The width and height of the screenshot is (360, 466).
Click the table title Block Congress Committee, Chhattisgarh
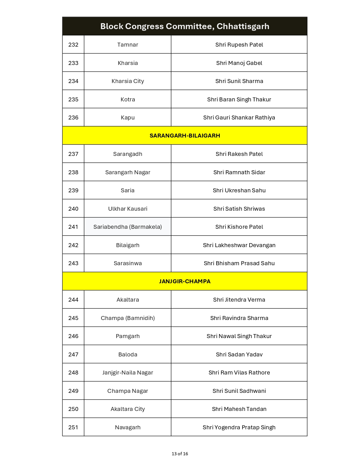click(x=185, y=26)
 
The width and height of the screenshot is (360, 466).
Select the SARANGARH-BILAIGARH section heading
click(x=185, y=136)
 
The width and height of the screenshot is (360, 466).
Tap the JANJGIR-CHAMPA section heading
click(x=185, y=281)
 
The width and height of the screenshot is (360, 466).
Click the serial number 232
click(x=73, y=45)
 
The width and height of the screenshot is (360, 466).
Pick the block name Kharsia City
click(x=128, y=81)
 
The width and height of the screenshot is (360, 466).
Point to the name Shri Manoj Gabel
click(x=239, y=63)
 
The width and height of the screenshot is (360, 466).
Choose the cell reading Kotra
click(x=128, y=99)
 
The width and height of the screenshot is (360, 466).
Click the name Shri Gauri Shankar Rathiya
click(x=239, y=117)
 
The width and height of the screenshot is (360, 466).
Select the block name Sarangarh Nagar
click(x=128, y=172)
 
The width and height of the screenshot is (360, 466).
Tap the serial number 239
click(x=73, y=190)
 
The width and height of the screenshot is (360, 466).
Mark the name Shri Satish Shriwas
click(x=239, y=209)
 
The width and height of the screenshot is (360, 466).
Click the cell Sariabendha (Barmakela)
click(x=128, y=227)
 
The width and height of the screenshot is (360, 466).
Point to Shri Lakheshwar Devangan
click(x=239, y=245)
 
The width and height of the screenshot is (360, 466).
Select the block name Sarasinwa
click(x=128, y=263)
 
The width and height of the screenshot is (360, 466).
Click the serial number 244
click(x=73, y=300)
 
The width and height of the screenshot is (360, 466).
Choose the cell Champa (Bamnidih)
click(x=128, y=318)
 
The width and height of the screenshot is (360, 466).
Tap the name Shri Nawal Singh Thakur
click(x=239, y=336)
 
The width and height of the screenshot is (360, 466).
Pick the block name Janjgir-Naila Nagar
click(x=128, y=373)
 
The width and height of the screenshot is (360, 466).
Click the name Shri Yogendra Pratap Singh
click(x=239, y=427)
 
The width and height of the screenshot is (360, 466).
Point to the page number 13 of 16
click(x=180, y=454)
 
